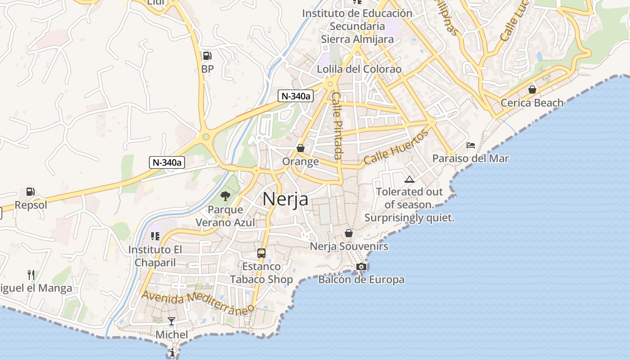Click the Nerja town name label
tap(285, 199)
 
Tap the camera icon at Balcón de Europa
tap(361, 266)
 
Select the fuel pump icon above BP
tap(207, 56)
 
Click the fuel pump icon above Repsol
tap(30, 192)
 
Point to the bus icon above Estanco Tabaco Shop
tap(261, 253)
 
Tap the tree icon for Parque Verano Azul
tap(225, 196)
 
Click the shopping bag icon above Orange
tap(300, 148)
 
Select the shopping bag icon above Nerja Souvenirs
tap(349, 233)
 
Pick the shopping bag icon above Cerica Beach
tap(532, 90)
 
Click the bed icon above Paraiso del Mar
tap(471, 145)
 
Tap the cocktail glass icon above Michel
tap(171, 321)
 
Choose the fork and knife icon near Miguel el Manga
tap(31, 274)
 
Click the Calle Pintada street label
tap(337, 126)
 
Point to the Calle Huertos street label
tap(396, 147)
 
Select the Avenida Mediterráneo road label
tap(198, 303)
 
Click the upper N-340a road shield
tap(295, 96)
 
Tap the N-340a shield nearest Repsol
tap(167, 162)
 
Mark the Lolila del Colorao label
tap(359, 69)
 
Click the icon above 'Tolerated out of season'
tap(409, 180)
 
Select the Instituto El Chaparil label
tap(155, 256)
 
